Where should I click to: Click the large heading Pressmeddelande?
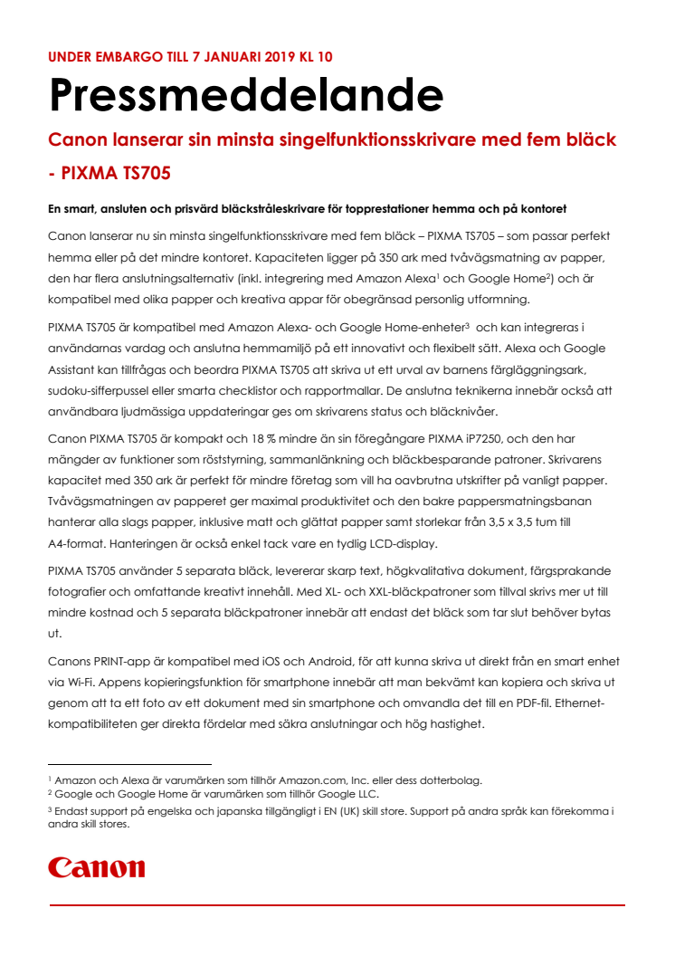pos(245,94)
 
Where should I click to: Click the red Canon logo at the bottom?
pos(97,867)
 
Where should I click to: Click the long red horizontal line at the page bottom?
pos(337,904)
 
